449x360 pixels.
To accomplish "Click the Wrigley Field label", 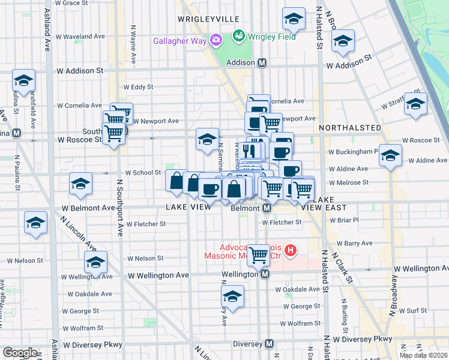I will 272,37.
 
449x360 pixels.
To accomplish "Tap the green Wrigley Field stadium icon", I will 240,36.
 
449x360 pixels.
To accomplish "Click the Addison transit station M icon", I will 262,63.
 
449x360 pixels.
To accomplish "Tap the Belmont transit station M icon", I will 268,208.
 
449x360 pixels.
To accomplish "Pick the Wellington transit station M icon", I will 265,274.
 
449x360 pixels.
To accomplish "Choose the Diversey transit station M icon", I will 270,344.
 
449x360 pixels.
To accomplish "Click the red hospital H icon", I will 291,250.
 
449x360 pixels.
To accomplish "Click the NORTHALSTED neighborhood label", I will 350,128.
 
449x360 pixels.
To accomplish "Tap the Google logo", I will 20,353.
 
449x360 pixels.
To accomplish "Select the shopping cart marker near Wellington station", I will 259,256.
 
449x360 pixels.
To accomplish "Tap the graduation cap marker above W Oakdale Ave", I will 232,297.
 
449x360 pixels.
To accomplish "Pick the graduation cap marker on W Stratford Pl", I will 415,104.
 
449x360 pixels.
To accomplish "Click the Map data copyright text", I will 423,355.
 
